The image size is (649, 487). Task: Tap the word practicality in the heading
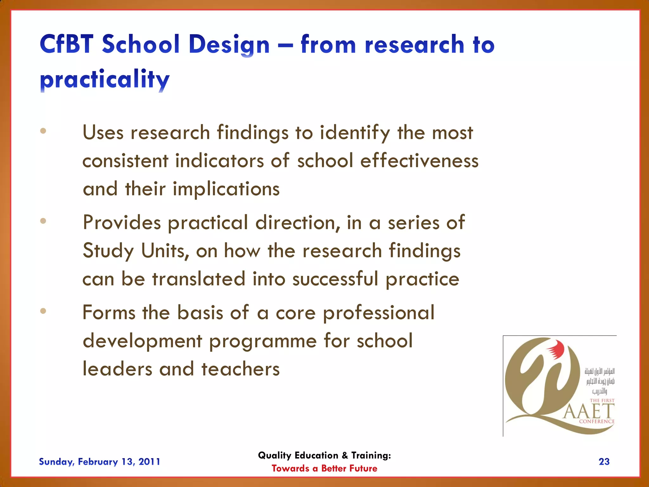(105, 79)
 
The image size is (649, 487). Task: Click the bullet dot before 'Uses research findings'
(43, 131)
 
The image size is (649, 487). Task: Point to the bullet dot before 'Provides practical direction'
(43, 221)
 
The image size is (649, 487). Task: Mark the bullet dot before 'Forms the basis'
(43, 311)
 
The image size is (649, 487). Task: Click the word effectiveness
(419, 160)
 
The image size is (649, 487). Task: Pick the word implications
(226, 189)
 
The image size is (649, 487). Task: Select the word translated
(199, 279)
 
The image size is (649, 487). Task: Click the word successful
(335, 279)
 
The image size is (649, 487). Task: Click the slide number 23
(604, 462)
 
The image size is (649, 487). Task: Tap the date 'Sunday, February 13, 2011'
(100, 462)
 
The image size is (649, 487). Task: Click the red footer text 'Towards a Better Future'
(324, 468)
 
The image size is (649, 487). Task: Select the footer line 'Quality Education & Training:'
(324, 455)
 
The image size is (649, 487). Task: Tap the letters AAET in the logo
(589, 412)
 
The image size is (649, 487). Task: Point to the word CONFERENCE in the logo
(597, 421)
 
